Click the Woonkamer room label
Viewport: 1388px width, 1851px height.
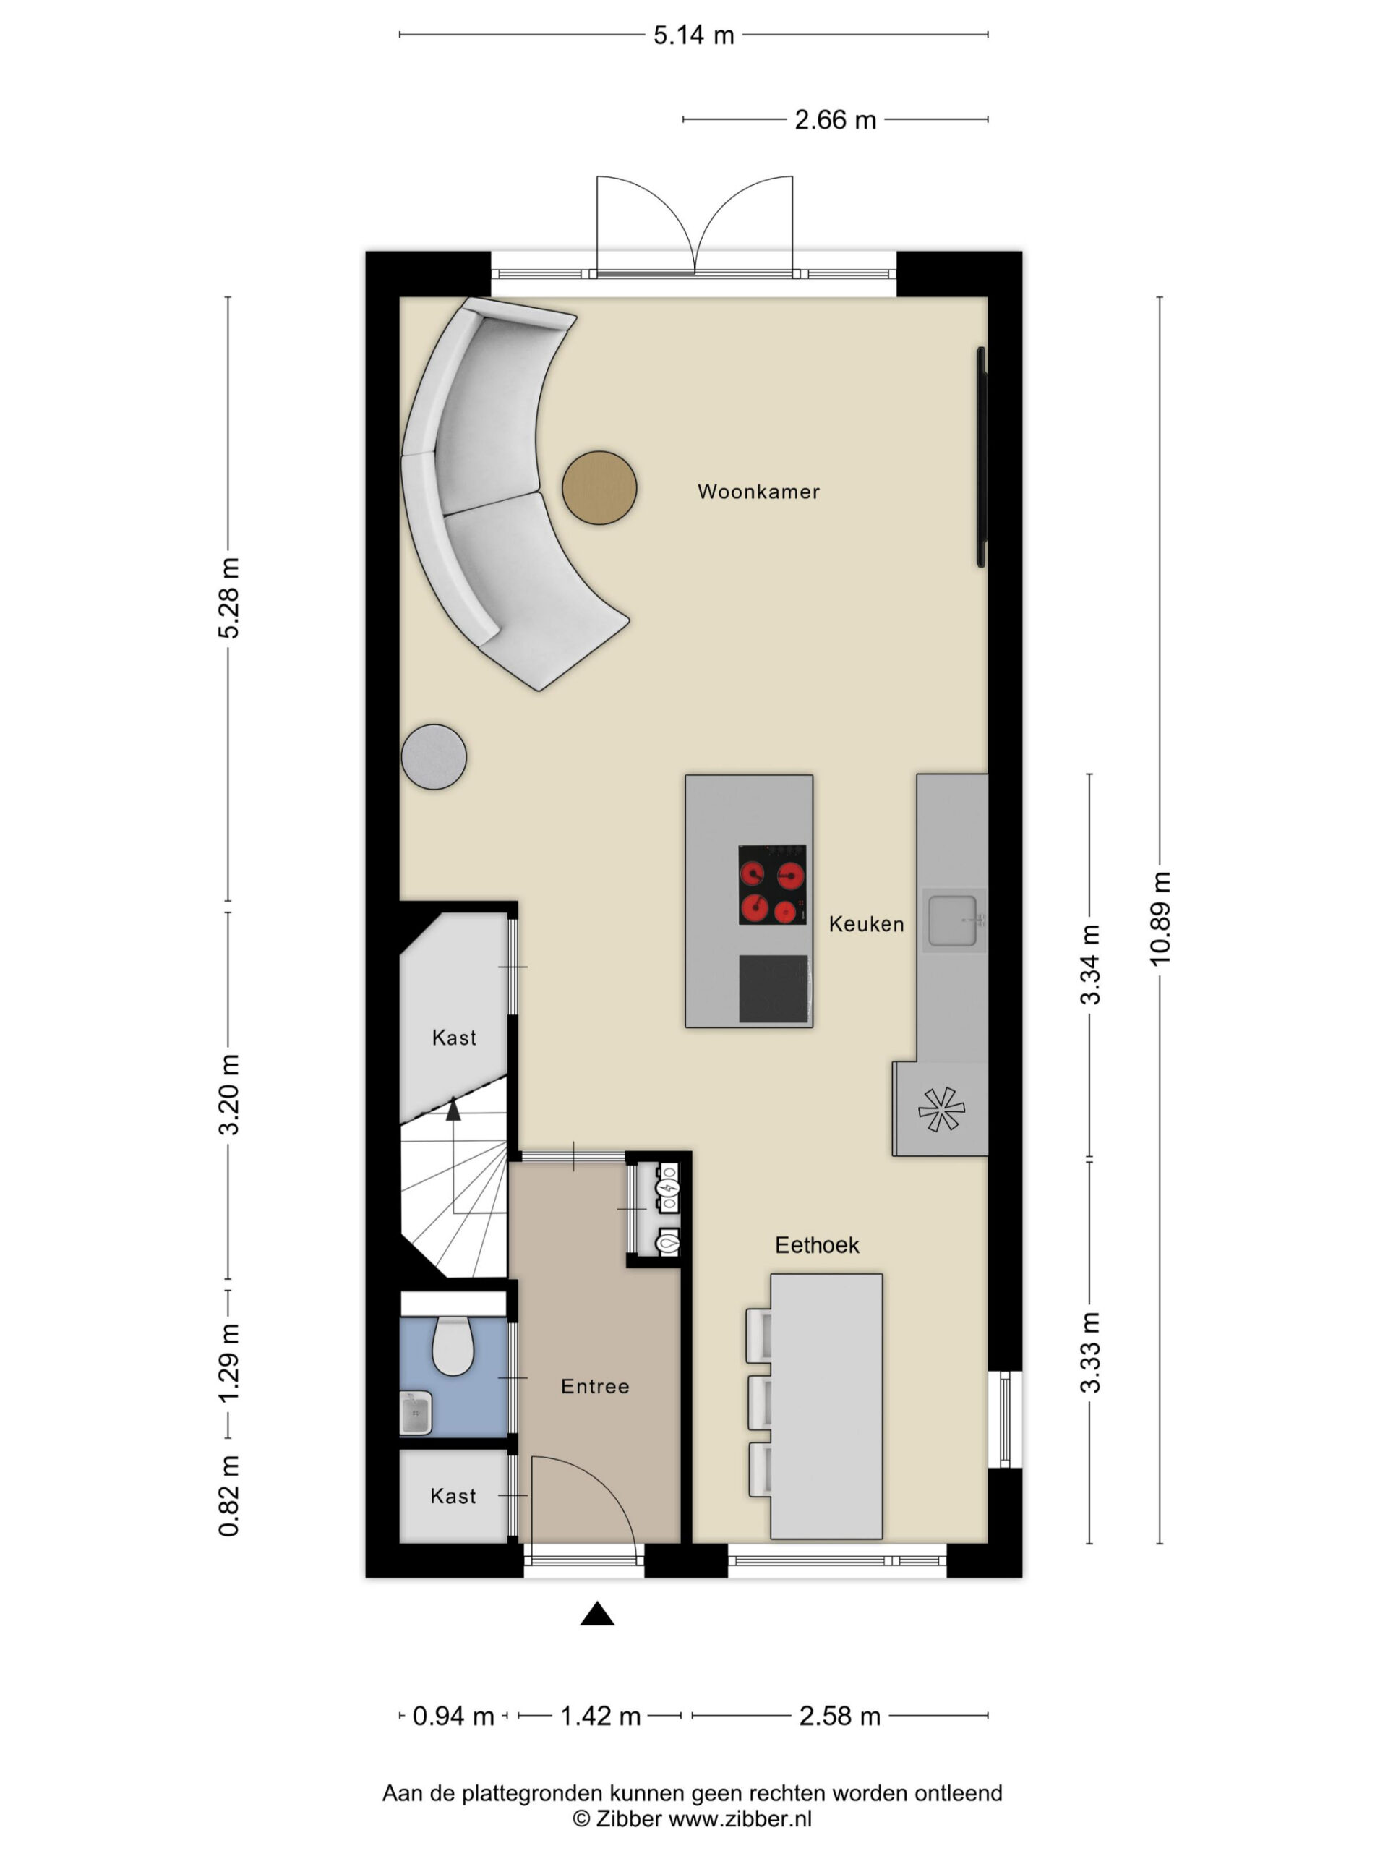pos(758,491)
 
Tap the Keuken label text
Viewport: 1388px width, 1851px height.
pos(866,924)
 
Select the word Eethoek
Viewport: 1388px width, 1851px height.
pos(817,1245)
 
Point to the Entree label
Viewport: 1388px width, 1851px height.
pos(595,1387)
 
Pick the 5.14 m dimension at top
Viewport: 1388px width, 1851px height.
pos(693,35)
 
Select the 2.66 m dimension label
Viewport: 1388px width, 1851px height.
pos(835,119)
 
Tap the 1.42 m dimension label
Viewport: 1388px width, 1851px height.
pos(600,1717)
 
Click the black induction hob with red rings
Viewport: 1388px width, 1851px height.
pos(772,884)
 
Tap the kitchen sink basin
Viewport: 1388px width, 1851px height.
pos(952,920)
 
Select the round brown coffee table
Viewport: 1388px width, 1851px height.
pos(599,488)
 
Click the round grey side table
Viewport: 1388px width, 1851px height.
pos(433,756)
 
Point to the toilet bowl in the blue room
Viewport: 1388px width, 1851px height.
pos(453,1345)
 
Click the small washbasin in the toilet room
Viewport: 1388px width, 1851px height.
pos(416,1414)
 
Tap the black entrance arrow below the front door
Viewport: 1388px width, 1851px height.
pos(597,1614)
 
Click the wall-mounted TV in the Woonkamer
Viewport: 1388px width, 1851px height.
pos(982,457)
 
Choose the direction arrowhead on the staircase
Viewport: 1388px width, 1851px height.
pos(453,1110)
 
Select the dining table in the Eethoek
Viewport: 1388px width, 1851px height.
pos(826,1406)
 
